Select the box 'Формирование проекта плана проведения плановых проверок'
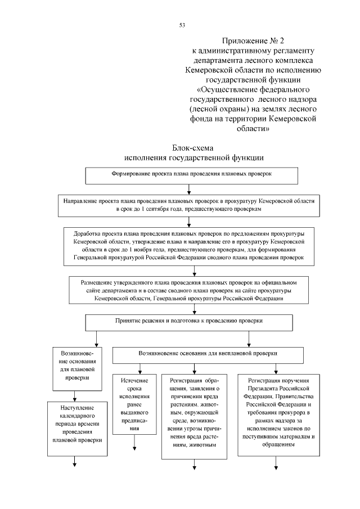pos(191,175)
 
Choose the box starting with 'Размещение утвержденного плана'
pos(188,290)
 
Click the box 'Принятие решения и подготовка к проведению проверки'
pos(188,322)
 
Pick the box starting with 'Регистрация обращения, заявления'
pos(194,416)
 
